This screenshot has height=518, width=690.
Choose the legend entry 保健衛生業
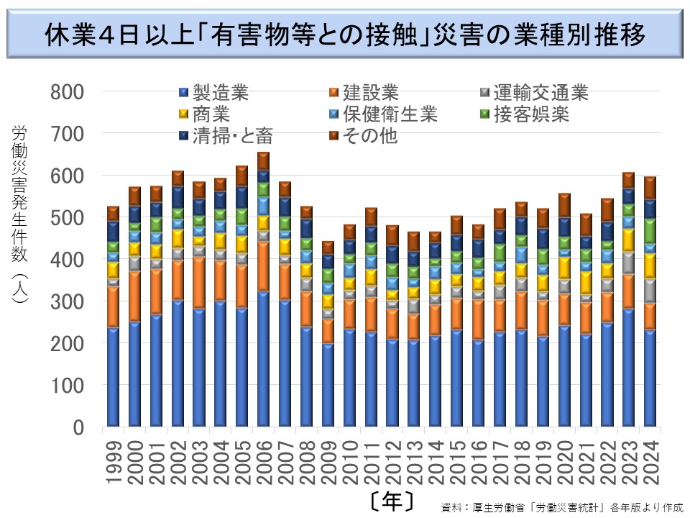tap(388, 114)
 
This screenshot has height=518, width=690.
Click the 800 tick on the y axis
tap(68, 93)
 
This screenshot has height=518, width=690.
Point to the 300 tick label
tap(68, 303)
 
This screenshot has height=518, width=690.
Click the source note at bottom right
tap(561, 506)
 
